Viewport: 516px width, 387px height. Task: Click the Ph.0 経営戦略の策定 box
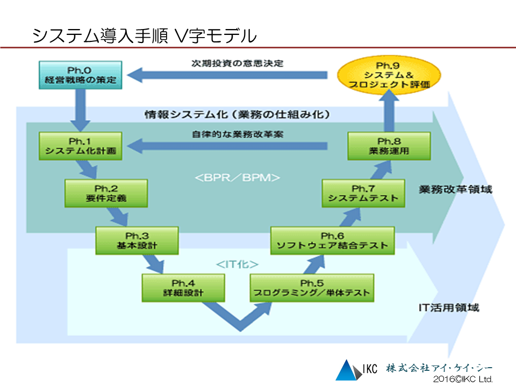click(80, 75)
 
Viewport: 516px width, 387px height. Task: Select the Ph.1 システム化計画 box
click(80, 146)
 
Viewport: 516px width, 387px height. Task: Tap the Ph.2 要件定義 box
click(106, 193)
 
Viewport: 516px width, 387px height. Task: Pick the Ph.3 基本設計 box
click(137, 241)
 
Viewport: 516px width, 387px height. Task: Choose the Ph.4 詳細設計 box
click(183, 288)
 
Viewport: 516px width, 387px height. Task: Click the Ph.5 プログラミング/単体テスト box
click(312, 288)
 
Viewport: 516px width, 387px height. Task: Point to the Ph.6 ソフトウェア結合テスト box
click(332, 241)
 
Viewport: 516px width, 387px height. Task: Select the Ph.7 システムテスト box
click(363, 193)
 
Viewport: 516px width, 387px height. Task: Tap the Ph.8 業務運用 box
click(389, 146)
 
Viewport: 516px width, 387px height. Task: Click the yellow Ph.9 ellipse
click(389, 75)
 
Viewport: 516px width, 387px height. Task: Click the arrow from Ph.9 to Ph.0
click(227, 75)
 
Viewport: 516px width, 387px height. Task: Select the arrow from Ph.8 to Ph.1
click(227, 146)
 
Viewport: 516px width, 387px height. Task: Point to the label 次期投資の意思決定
click(237, 63)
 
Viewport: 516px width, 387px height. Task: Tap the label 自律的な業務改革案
click(237, 134)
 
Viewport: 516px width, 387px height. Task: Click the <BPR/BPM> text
click(237, 178)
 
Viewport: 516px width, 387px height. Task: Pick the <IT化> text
click(237, 264)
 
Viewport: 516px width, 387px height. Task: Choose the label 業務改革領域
click(455, 189)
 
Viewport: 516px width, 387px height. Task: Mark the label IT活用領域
click(449, 307)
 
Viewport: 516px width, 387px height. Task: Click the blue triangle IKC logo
click(348, 370)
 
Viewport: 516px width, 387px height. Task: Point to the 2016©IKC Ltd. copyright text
click(463, 379)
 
